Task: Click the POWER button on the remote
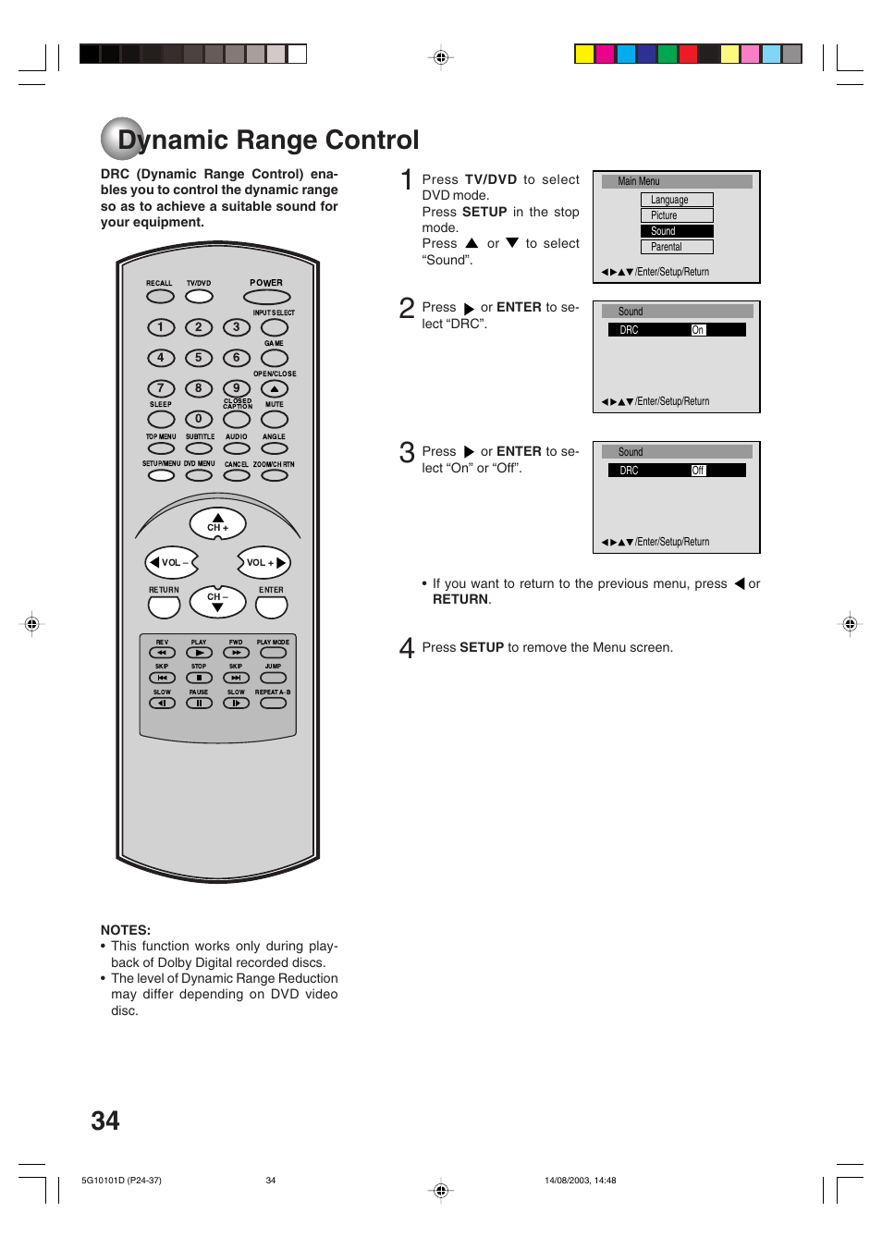pos(266,297)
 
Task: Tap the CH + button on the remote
pos(217,523)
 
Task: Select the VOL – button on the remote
pos(171,562)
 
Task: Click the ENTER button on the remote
pos(271,607)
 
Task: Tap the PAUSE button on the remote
pos(199,703)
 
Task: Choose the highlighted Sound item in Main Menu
pos(676,231)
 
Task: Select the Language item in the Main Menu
pos(676,200)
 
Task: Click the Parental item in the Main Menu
pos(676,247)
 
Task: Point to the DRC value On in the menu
pos(698,330)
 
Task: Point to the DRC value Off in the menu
pos(698,471)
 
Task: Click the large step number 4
pos(406,647)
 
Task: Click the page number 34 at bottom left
pos(105,1120)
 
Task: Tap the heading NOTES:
pos(125,930)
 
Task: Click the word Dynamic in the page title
pos(173,141)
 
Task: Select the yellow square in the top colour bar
pos(583,54)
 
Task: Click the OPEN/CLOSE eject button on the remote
pos(274,389)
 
